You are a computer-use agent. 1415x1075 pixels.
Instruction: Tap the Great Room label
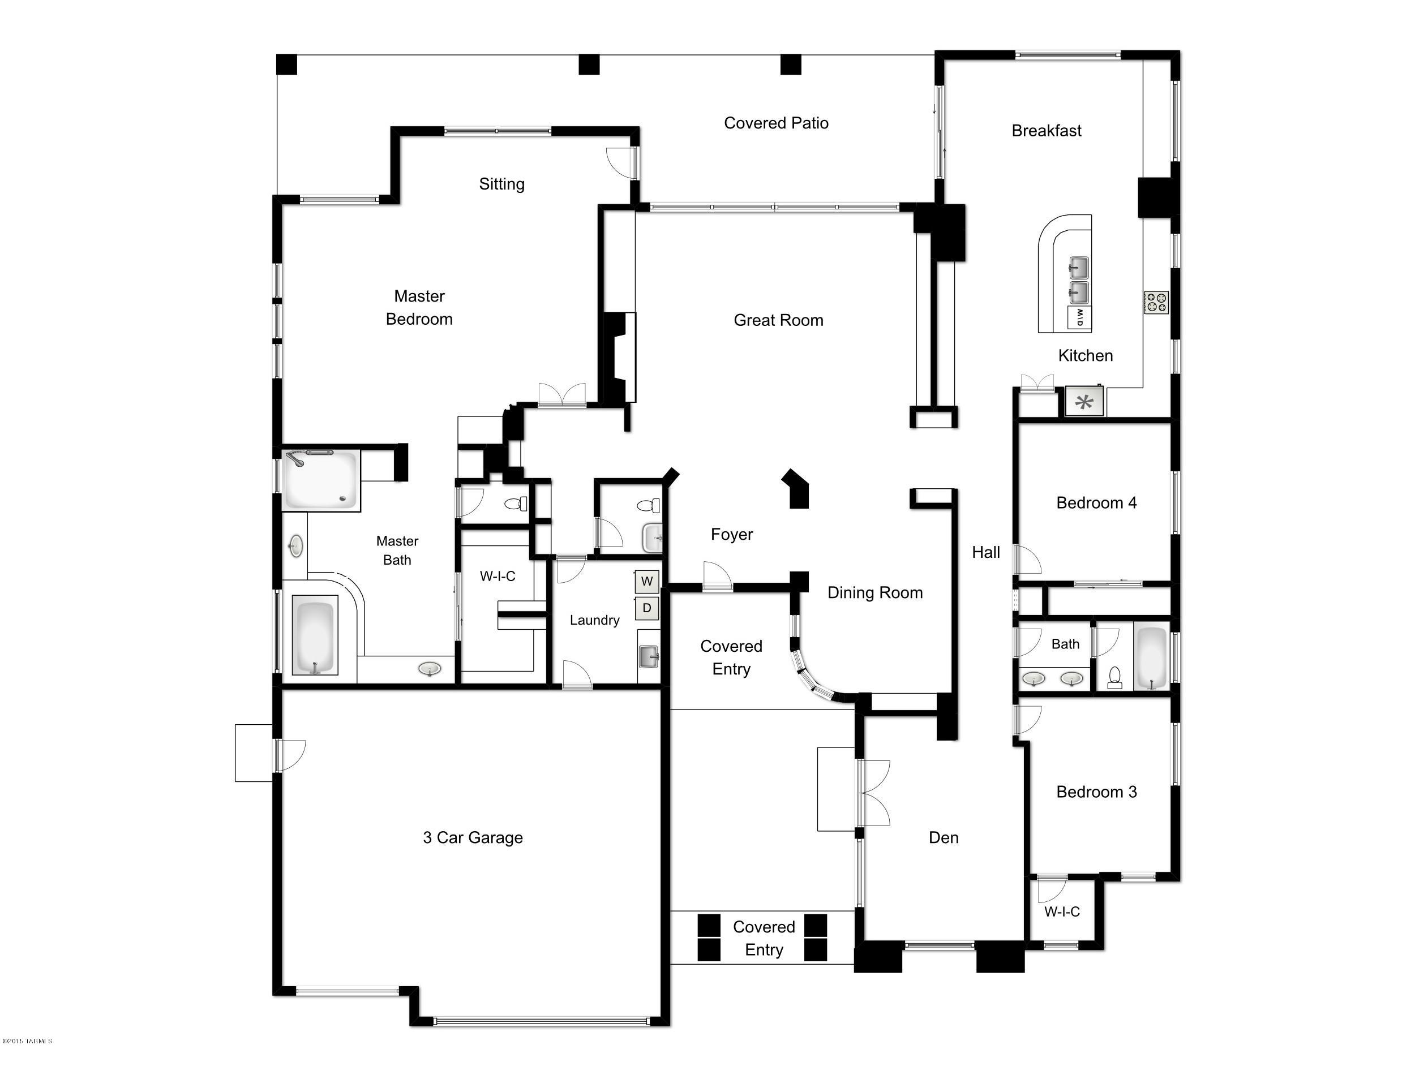[x=778, y=320]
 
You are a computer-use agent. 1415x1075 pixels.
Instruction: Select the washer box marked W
[x=646, y=581]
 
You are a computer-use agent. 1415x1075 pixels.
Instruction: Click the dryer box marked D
[x=646, y=608]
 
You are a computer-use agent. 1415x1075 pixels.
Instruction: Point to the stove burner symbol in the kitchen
[x=1156, y=302]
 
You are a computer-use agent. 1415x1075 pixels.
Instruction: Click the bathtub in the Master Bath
[x=314, y=635]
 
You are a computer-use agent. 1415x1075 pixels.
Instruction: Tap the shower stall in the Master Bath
[x=320, y=480]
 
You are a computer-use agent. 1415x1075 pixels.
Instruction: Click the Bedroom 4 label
[x=1096, y=503]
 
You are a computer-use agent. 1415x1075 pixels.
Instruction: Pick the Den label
[x=944, y=837]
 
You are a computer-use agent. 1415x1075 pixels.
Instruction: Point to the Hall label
[x=985, y=552]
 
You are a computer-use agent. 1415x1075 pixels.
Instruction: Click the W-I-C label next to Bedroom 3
[x=1062, y=912]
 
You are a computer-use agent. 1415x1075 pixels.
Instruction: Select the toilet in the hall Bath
[x=1114, y=678]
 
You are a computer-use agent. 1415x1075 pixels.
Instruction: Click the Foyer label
[x=731, y=534]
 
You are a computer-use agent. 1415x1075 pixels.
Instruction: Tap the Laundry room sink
[x=648, y=656]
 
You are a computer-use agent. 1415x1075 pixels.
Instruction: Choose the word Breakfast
[x=1046, y=131]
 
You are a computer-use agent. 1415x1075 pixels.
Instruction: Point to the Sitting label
[x=501, y=184]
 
